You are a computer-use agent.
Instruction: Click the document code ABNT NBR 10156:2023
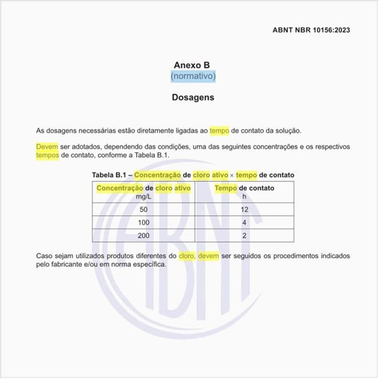click(311, 30)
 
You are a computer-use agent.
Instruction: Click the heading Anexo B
click(192, 65)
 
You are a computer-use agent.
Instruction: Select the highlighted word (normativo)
click(193, 76)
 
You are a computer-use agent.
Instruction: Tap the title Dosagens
click(193, 97)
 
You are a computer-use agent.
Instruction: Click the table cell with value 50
click(143, 209)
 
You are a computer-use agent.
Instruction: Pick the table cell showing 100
click(143, 223)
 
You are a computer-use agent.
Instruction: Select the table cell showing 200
click(143, 236)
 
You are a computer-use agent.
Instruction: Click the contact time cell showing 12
click(244, 209)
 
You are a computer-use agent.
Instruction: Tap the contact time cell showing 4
click(244, 223)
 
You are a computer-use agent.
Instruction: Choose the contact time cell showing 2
click(244, 236)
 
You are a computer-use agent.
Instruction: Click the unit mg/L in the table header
click(143, 196)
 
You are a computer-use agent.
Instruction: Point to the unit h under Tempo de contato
click(244, 196)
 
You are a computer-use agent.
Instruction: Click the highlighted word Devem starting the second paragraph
click(47, 147)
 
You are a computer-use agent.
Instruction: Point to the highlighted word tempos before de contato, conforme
click(48, 155)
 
